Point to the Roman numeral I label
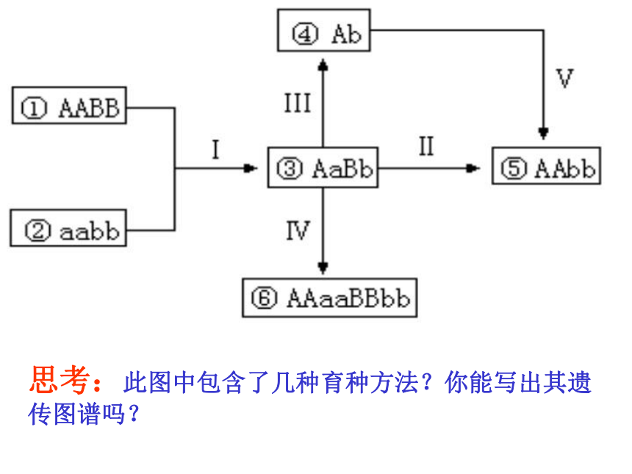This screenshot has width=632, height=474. pos(215,149)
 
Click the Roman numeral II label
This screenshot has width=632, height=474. pos(426,146)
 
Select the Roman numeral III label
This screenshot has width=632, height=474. pos(298,103)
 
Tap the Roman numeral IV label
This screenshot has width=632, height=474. pos(298,231)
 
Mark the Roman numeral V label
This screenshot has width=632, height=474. pos(564,78)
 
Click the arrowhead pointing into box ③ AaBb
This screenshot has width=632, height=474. pos(251,168)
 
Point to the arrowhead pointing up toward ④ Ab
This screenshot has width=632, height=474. pos(323,65)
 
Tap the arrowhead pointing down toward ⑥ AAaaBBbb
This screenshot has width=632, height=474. pos(323,268)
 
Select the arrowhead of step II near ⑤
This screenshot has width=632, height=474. pos(473,168)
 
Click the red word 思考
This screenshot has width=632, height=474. pos(60,379)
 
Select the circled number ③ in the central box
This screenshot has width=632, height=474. pos(290,168)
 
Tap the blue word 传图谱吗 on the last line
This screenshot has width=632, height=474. pos(76,414)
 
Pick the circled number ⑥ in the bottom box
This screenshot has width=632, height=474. pos(265,298)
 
